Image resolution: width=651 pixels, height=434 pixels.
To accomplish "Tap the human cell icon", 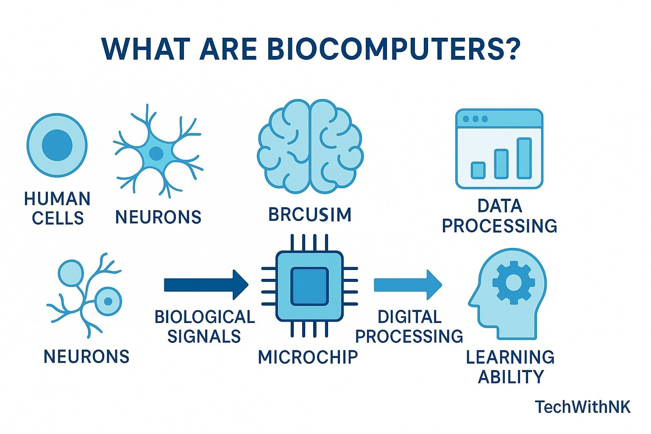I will pos(57,145).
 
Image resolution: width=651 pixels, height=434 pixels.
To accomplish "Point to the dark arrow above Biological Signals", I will pos(206,285).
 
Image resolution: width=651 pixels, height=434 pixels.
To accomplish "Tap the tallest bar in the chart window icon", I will pos(524,158).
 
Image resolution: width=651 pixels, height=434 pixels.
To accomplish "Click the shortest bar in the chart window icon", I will pos(478,170).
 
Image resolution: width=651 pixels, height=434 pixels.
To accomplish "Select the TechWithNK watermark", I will pos(582,407).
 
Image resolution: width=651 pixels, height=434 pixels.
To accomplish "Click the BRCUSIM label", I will pos(310,214).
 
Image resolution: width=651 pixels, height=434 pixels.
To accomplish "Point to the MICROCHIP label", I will pos(308,357).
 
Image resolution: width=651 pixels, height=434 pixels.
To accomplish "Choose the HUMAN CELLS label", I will pos(57,208).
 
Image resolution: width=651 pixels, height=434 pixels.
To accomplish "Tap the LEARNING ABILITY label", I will pos(510,367).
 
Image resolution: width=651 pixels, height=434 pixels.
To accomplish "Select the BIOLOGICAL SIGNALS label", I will pos(204,326).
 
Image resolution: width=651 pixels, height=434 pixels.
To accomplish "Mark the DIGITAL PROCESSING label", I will pos(409,326).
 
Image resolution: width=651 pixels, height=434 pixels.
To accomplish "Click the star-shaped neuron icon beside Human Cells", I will pos(156,152).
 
